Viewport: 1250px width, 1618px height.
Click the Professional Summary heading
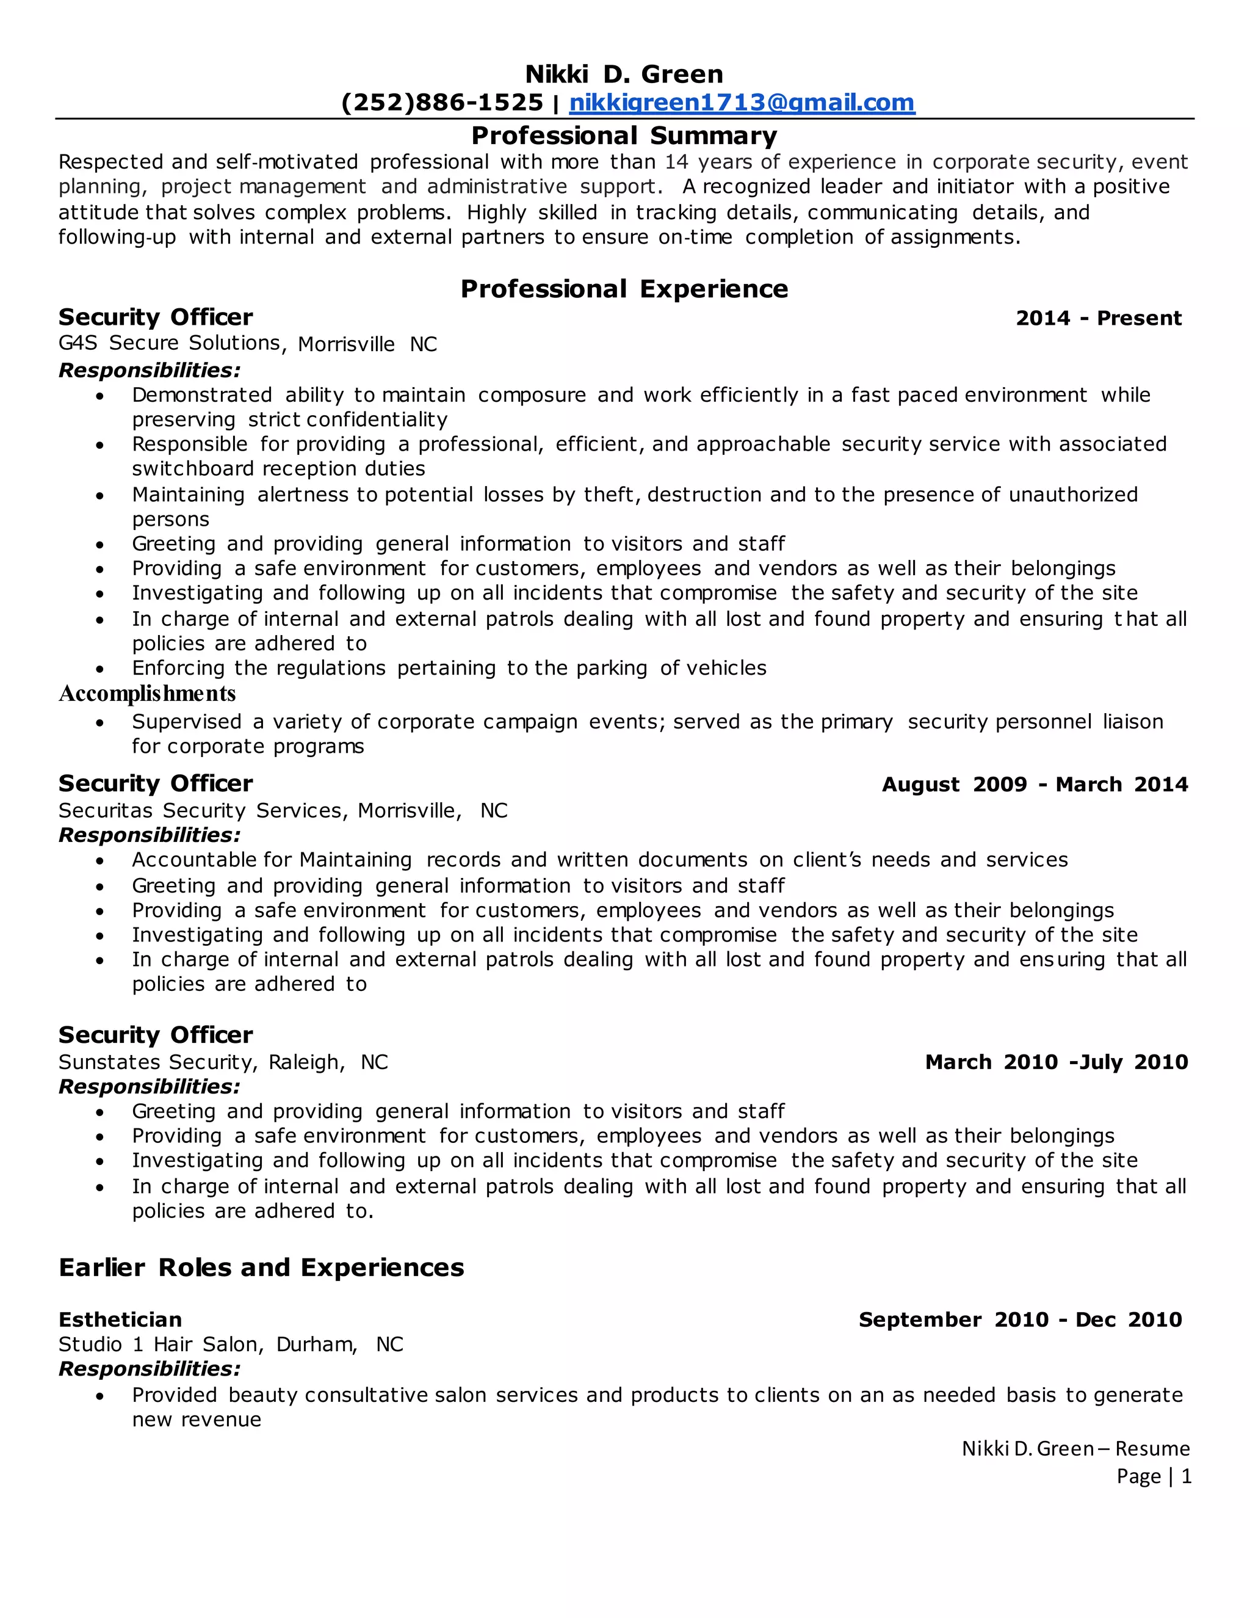pyautogui.click(x=624, y=136)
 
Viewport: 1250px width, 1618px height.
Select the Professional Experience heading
pyautogui.click(x=624, y=289)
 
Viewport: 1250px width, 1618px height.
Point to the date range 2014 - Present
pyautogui.click(x=1098, y=319)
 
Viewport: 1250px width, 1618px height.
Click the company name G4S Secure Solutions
pyautogui.click(x=169, y=343)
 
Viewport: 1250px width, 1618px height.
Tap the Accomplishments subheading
pyautogui.click(x=146, y=694)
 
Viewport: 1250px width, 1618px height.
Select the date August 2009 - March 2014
pyautogui.click(x=1035, y=785)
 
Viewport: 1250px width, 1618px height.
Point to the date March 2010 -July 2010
pyautogui.click(x=1056, y=1062)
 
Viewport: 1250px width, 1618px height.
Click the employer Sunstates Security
pyautogui.click(x=156, y=1062)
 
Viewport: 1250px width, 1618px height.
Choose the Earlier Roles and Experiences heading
pyautogui.click(x=261, y=1268)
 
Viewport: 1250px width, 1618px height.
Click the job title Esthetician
pyautogui.click(x=120, y=1319)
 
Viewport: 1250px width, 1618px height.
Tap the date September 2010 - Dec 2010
pyautogui.click(x=1020, y=1319)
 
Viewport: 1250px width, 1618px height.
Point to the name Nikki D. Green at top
pyautogui.click(x=624, y=74)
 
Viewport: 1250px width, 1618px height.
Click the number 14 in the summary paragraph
pyautogui.click(x=676, y=162)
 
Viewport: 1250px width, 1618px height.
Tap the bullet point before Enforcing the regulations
pyautogui.click(x=100, y=669)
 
